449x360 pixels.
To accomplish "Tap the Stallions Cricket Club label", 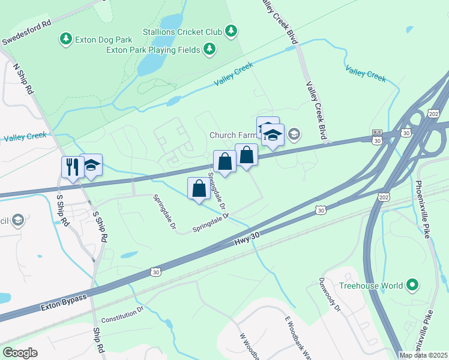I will (x=182, y=31).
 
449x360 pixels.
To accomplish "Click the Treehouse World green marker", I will (x=412, y=286).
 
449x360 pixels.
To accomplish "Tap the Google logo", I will (x=20, y=352).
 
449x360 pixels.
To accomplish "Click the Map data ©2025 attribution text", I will (x=423, y=355).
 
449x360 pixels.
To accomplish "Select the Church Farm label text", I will (x=232, y=135).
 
